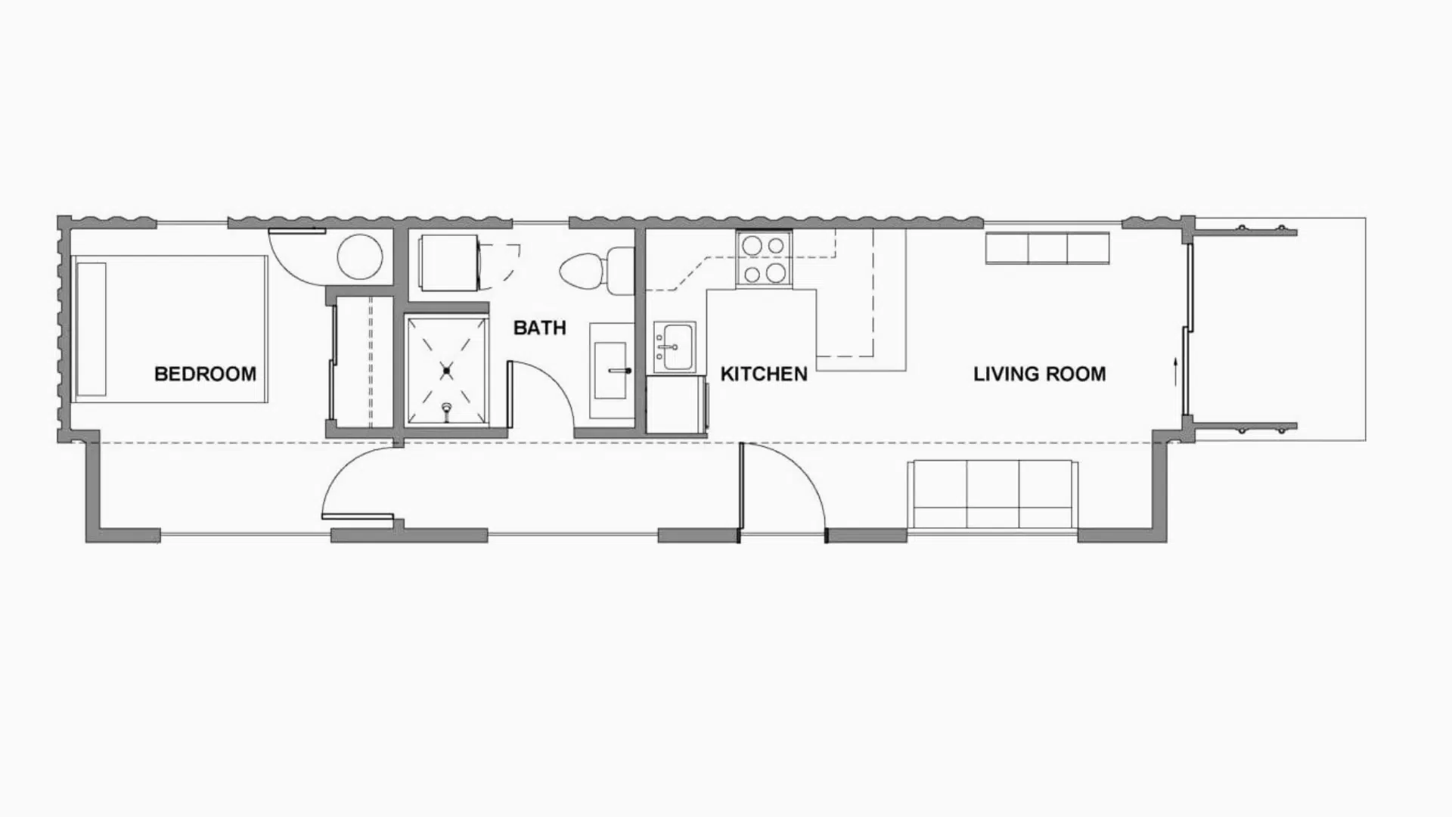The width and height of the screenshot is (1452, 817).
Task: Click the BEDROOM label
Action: (x=205, y=374)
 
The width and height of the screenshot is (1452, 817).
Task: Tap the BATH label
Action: (x=539, y=328)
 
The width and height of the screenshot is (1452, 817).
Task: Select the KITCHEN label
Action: (x=764, y=374)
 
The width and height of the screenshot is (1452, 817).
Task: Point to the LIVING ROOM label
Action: (x=1039, y=374)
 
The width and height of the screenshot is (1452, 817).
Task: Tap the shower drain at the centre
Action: (x=447, y=371)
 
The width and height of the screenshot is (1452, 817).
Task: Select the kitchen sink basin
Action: (x=674, y=346)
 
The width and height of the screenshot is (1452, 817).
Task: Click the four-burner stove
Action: (x=763, y=259)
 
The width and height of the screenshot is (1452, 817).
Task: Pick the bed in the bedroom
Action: (x=170, y=329)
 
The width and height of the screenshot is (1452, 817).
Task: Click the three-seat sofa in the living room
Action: (x=992, y=494)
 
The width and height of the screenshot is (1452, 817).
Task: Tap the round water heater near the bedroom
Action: (x=359, y=257)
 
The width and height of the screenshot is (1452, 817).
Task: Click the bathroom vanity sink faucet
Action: (x=621, y=371)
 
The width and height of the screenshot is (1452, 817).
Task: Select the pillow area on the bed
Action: (x=91, y=329)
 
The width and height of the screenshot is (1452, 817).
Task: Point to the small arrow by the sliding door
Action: (x=1174, y=370)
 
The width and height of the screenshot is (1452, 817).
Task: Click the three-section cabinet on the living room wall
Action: (x=1047, y=248)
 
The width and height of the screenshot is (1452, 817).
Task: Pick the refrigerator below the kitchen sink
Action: (x=676, y=405)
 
